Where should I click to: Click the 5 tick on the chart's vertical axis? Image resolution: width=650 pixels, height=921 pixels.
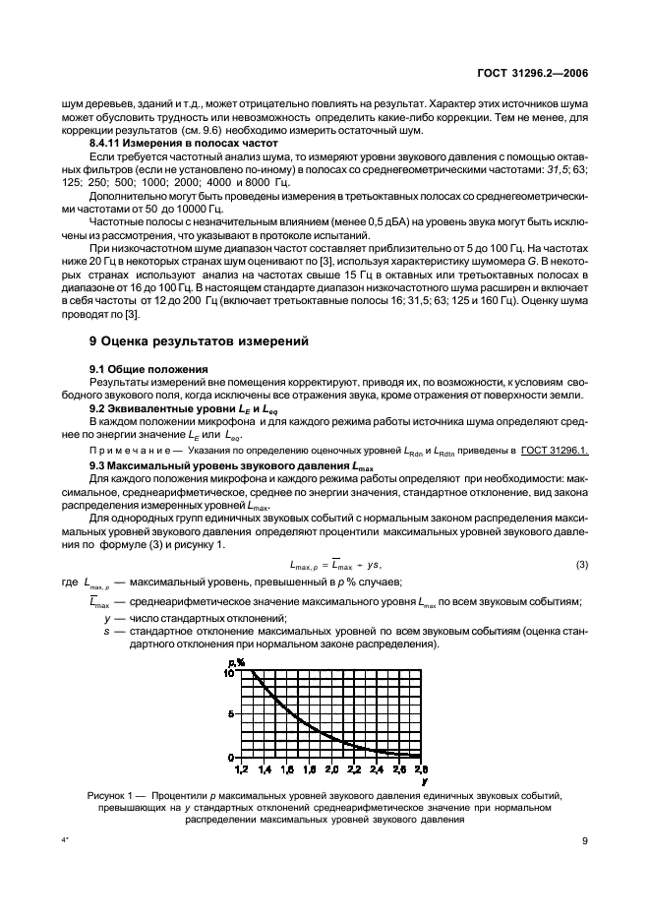click(231, 714)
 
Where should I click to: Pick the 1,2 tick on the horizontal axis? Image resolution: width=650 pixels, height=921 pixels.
click(241, 767)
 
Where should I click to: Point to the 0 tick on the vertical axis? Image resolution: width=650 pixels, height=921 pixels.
click(232, 756)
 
